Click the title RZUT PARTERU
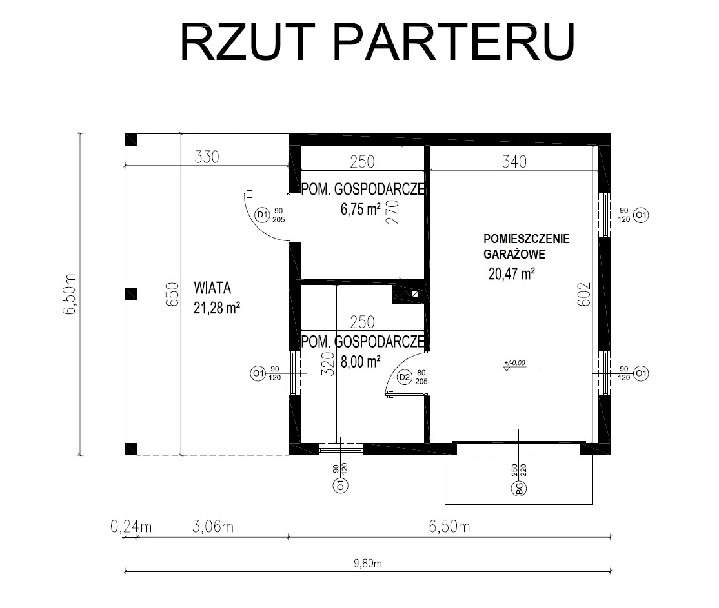coord(378,41)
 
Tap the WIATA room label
coord(212,288)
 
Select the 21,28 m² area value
coord(217,308)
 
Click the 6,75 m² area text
coord(360,210)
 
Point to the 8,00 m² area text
coord(360,362)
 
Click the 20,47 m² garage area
coord(512,273)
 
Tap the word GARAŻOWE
coord(514,254)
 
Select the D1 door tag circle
coord(262,215)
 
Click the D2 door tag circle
coord(404,378)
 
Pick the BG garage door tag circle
coord(519,487)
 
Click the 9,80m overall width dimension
coord(368,563)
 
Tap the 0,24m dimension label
coord(131,527)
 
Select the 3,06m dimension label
coord(213,527)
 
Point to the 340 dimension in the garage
coord(514,162)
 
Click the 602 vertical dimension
coord(585,294)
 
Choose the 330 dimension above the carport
coord(207,157)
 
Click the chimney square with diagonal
coord(416,295)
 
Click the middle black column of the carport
coord(131,294)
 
